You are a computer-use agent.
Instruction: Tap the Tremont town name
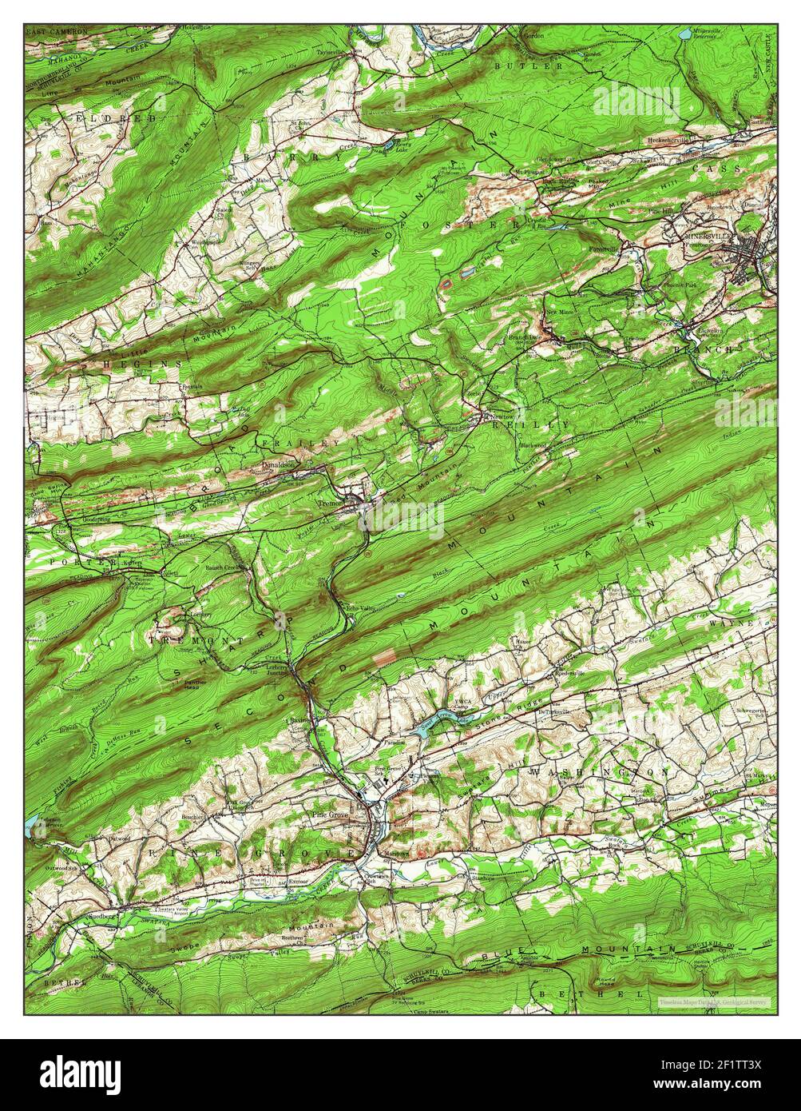click(331, 504)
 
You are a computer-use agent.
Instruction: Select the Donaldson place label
click(279, 464)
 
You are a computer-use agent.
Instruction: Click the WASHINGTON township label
click(598, 773)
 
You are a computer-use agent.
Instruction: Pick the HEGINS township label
click(141, 364)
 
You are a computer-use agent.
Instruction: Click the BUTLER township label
click(528, 66)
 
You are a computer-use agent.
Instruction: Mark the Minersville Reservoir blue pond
click(684, 34)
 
